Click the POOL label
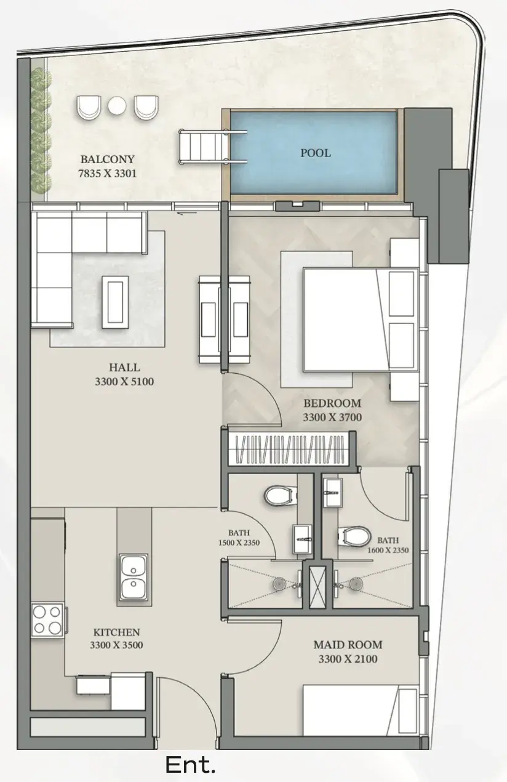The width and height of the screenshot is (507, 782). [316, 153]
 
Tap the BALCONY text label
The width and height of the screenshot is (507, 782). [108, 159]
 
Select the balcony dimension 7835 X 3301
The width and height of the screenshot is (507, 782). [108, 174]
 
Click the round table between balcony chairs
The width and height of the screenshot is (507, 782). [116, 105]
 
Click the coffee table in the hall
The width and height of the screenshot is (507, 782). [115, 302]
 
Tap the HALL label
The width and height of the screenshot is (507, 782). [124, 367]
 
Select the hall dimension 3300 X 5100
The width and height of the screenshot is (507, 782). [124, 382]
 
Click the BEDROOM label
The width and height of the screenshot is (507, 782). [332, 403]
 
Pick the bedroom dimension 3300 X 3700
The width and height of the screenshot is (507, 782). [332, 417]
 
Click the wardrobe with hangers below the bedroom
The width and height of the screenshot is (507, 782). [289, 449]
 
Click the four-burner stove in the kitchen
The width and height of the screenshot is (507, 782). [47, 620]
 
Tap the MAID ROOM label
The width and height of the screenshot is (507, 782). [348, 645]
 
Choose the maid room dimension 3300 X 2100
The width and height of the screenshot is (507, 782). [348, 659]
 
